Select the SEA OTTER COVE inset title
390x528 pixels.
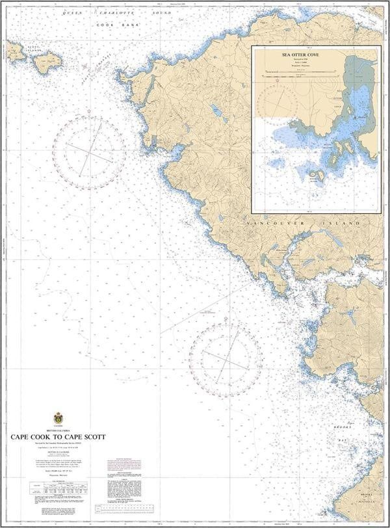(x=315, y=55)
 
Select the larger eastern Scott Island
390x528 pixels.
(x=47, y=62)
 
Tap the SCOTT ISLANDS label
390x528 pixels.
(x=34, y=49)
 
